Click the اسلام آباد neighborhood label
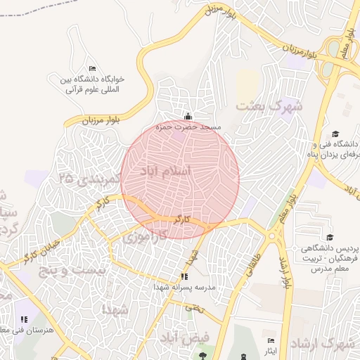point(166,171)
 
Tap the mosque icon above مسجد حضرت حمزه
point(188,117)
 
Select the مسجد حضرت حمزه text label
point(188,127)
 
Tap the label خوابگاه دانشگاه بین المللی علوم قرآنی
point(91,84)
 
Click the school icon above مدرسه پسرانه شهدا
point(185,276)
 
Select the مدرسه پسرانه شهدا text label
point(184,288)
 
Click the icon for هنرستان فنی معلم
point(25,321)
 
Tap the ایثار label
point(270,349)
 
